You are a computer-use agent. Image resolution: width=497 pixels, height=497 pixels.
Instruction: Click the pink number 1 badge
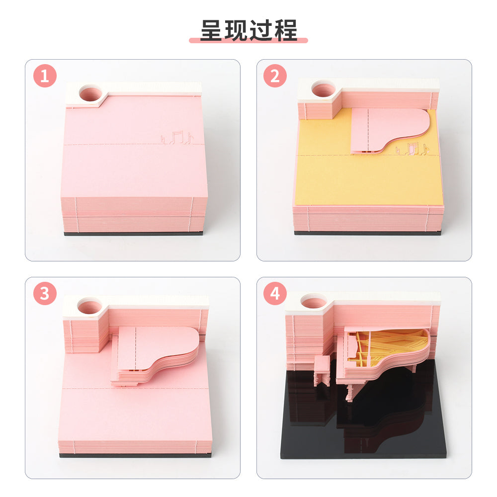pyautogui.click(x=45, y=76)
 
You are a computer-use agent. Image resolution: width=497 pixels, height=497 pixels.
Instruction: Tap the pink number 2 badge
pyautogui.click(x=275, y=76)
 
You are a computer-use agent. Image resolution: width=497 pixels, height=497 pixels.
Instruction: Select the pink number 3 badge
pyautogui.click(x=45, y=294)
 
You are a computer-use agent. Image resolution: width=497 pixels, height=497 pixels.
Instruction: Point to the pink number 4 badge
pyautogui.click(x=275, y=294)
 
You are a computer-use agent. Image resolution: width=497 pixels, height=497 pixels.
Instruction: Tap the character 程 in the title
pyautogui.click(x=286, y=30)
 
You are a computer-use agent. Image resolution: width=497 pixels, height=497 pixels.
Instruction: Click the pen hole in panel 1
pyautogui.click(x=90, y=93)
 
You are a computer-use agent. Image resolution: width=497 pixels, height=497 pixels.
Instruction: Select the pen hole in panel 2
pyautogui.click(x=323, y=88)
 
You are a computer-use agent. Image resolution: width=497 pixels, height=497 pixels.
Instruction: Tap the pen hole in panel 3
pyautogui.click(x=89, y=306)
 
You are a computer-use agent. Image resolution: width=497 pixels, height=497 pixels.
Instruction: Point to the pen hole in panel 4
pyautogui.click(x=313, y=301)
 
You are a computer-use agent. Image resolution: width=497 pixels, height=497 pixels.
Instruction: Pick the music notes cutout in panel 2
pyautogui.click(x=412, y=149)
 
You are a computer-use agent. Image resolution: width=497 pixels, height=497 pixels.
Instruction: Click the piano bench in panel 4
pyautogui.click(x=322, y=371)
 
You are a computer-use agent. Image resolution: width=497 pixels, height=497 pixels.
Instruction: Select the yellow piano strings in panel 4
pyautogui.click(x=390, y=345)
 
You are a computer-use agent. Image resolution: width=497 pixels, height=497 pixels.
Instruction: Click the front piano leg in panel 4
pyautogui.click(x=350, y=393)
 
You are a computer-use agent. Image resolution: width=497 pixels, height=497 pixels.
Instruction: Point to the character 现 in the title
pyautogui.click(x=237, y=30)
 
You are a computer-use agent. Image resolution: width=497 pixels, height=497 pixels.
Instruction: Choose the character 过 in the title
pyautogui.click(x=261, y=30)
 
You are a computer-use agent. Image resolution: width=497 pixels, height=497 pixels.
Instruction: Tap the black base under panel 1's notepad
pyautogui.click(x=133, y=234)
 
